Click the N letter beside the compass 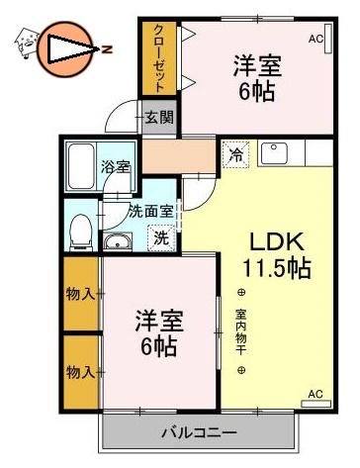[107, 49]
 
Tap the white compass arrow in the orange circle [71, 48]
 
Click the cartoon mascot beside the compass [27, 43]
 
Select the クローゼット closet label [159, 58]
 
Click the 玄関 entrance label [159, 117]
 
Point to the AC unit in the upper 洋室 [328, 38]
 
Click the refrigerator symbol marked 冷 [235, 154]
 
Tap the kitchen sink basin [274, 153]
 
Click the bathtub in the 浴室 [81, 166]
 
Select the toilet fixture [81, 232]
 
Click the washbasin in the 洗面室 [118, 241]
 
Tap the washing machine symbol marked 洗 [161, 237]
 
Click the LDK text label [277, 241]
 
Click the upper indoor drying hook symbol [241, 292]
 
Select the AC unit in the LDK [315, 404]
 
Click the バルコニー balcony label [199, 432]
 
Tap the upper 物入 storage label [81, 293]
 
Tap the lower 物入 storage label [81, 372]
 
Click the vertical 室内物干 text [241, 331]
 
